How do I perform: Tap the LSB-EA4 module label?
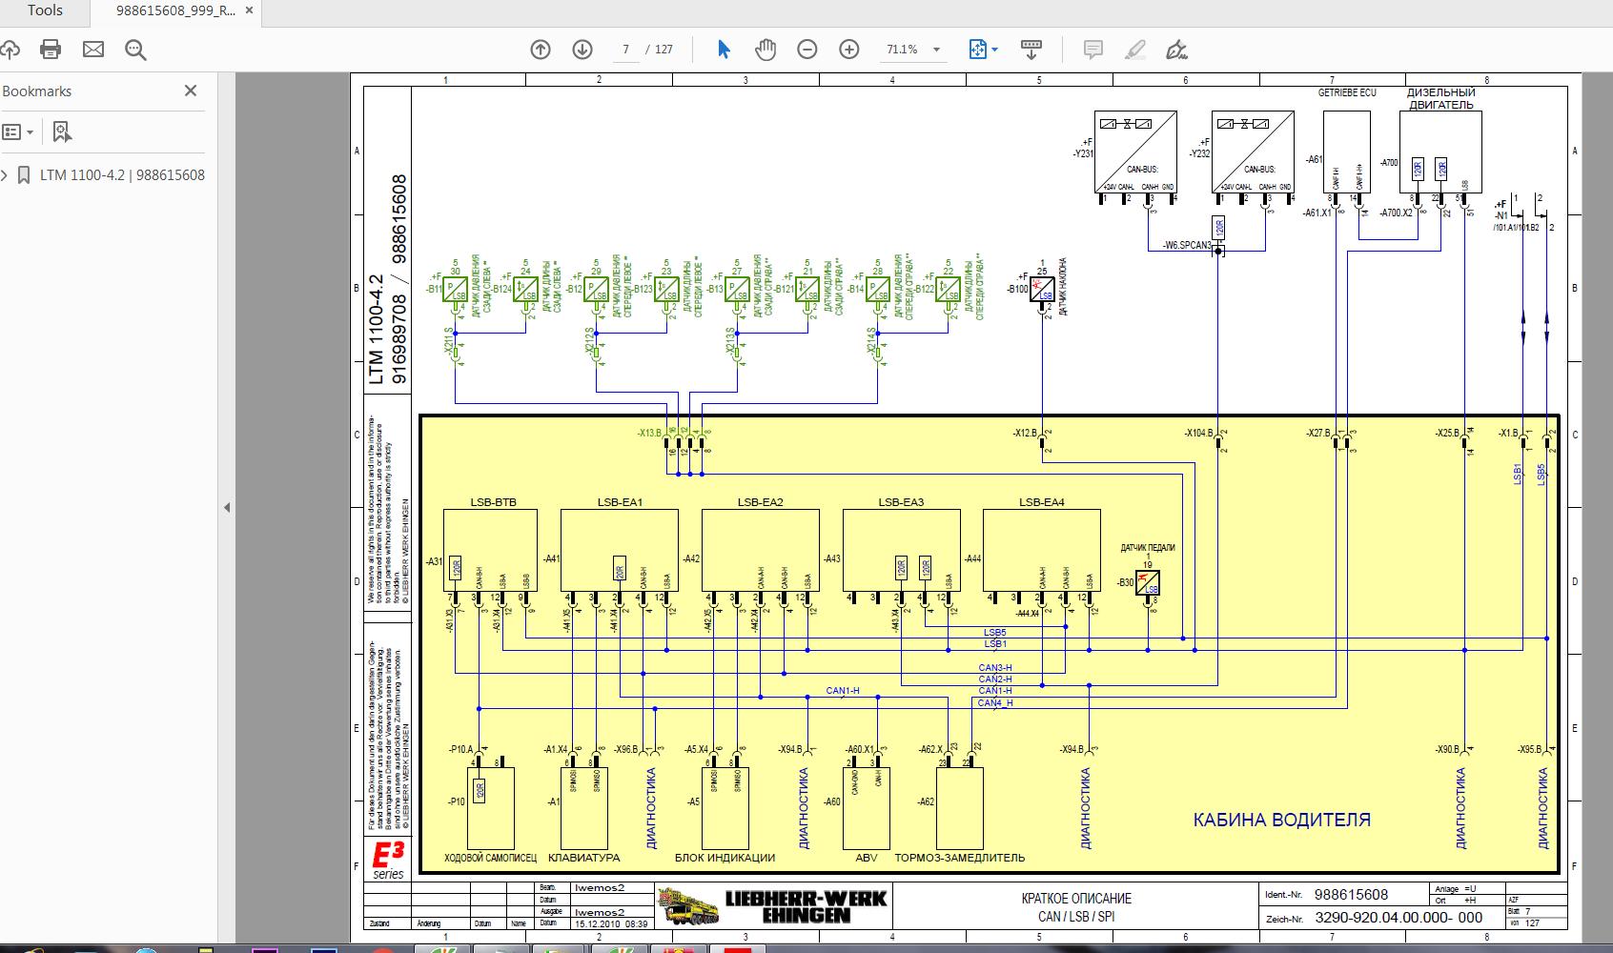[1041, 502]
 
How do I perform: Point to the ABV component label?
[867, 858]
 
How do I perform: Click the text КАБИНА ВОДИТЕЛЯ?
[1281, 820]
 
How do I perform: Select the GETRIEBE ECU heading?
[1347, 93]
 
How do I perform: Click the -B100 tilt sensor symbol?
[1046, 291]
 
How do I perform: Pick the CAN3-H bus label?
[994, 667]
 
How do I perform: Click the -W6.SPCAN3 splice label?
[1186, 246]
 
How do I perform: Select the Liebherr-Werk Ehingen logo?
[773, 905]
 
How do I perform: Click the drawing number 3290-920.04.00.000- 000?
[1398, 918]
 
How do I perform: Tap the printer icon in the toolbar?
[51, 50]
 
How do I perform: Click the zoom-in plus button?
[848, 50]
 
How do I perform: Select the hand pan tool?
[765, 50]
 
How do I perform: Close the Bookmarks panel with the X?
[191, 91]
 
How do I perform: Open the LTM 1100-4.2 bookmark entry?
[122, 175]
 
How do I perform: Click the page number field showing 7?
[626, 50]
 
